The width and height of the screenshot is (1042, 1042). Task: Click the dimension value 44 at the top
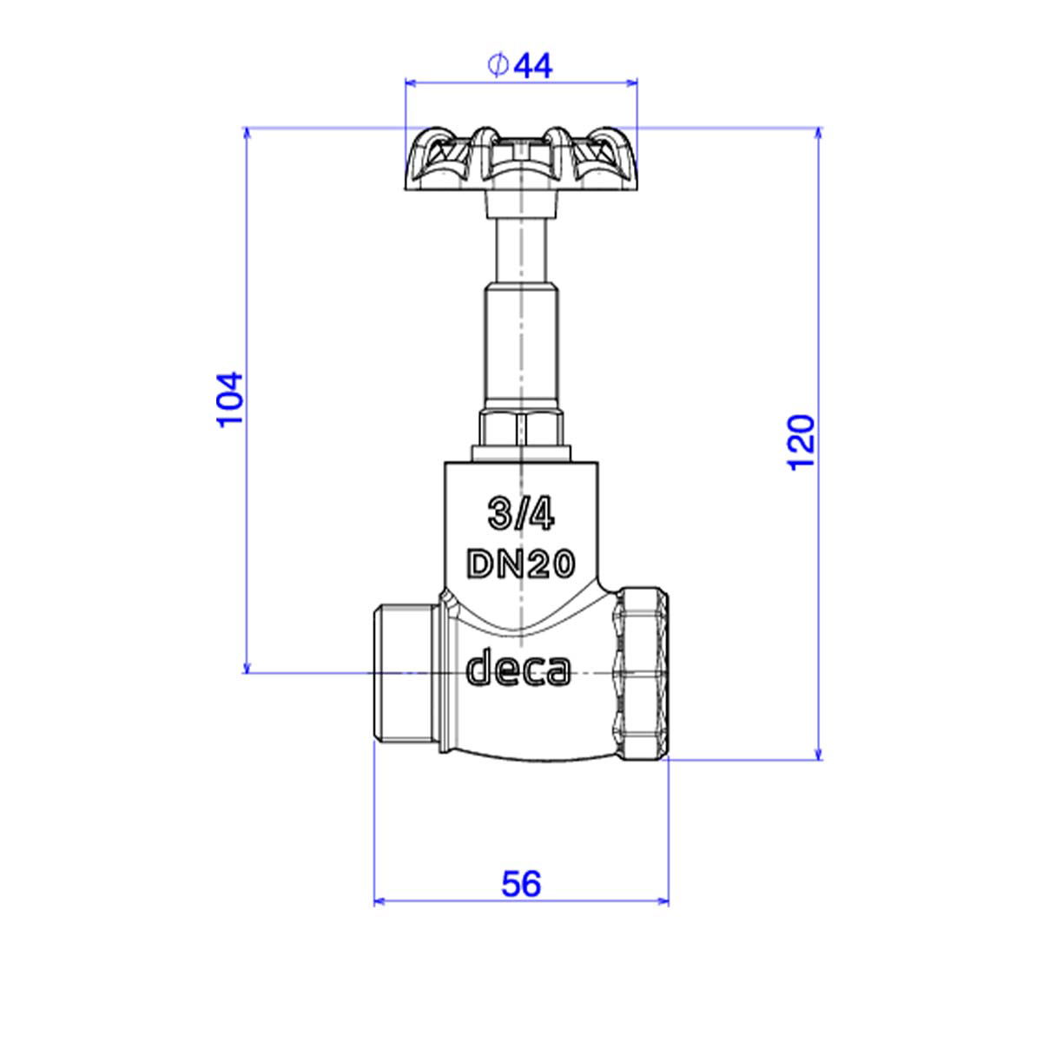click(x=532, y=67)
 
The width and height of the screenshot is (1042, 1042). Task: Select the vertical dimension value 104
click(x=230, y=399)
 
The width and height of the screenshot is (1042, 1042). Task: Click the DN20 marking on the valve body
click(x=519, y=564)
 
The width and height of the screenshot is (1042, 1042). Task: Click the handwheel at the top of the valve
click(x=521, y=159)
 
